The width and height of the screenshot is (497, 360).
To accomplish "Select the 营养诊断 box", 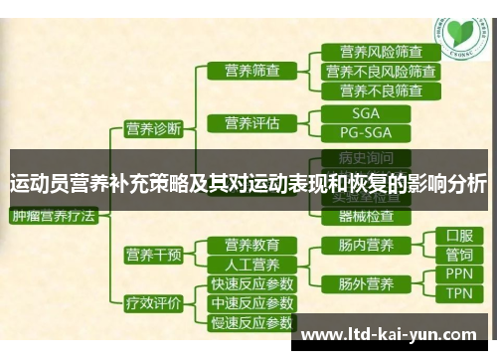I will click(152, 128).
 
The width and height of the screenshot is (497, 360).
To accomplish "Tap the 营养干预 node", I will click(152, 255).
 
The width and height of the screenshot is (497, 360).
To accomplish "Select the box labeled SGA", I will click(366, 113).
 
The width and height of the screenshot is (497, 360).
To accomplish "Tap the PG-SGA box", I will click(366, 132).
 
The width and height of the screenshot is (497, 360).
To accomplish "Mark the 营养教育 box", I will click(251, 245).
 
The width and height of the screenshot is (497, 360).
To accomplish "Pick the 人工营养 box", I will click(251, 265).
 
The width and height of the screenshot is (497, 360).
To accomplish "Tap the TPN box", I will click(459, 293).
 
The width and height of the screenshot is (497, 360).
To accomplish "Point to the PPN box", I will click(459, 273).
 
